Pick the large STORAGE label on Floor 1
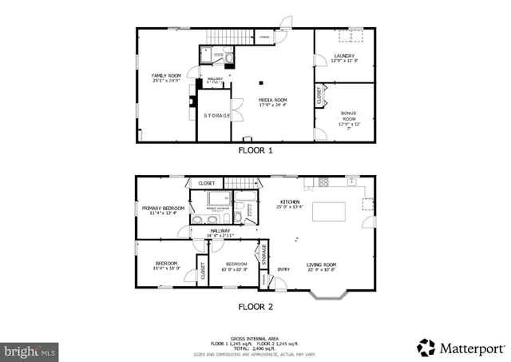tap(216, 116)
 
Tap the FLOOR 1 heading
tap(255, 150)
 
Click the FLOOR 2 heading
tap(255, 306)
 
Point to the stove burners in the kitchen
tap(323, 183)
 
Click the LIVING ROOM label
tap(322, 267)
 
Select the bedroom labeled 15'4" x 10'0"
tap(166, 265)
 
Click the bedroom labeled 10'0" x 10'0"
tap(236, 266)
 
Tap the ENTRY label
tap(283, 269)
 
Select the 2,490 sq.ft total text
tap(255, 348)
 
